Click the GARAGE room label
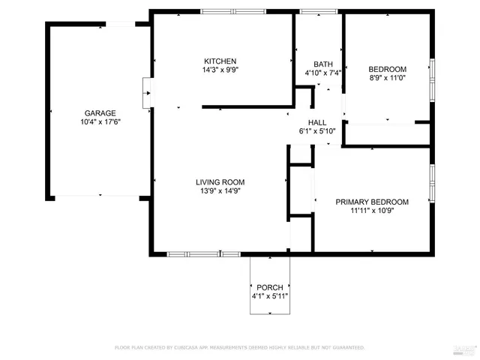pos(100,112)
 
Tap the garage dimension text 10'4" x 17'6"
pos(100,121)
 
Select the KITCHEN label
pos(220,61)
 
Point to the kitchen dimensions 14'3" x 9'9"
pos(220,70)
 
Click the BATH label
pos(322,64)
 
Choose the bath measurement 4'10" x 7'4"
pos(322,73)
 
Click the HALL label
pos(317,122)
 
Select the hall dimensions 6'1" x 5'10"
pos(317,131)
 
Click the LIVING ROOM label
pos(220,181)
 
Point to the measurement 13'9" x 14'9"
pos(220,190)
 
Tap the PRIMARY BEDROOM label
pos(372,202)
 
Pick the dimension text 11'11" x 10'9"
pos(372,211)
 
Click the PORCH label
pos(270,287)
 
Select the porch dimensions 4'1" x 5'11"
pos(270,296)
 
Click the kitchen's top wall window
pos(232,11)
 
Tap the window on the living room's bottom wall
pos(193,254)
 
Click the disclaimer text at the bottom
pos(239,347)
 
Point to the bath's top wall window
pos(318,11)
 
